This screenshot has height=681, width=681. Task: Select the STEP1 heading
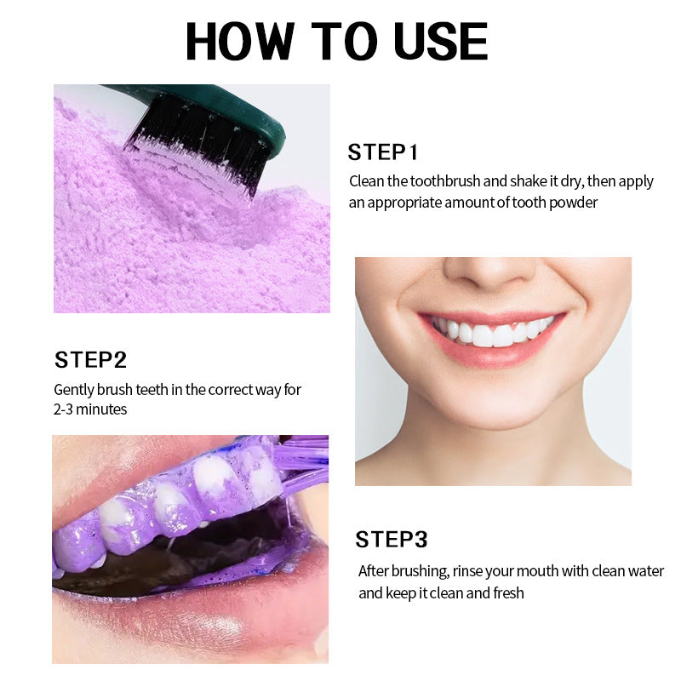click(383, 153)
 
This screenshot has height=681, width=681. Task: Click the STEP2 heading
click(91, 359)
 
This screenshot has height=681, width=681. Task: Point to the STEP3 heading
click(392, 539)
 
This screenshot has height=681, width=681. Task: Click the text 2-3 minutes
click(90, 409)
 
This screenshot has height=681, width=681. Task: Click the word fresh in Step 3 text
click(507, 592)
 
